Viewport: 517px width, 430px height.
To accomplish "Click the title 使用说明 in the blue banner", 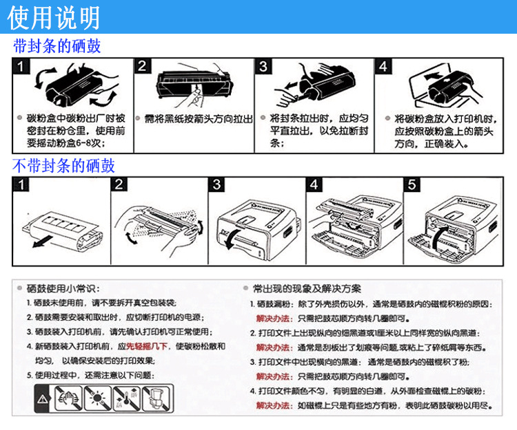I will (54, 17).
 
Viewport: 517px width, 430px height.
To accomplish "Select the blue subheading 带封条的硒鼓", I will (57, 47).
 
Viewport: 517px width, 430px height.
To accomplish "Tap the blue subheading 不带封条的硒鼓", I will (64, 166).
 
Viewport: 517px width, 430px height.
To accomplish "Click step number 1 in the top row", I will (23, 67).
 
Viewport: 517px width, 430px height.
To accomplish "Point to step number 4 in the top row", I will (383, 67).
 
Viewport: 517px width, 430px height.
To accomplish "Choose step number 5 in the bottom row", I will (412, 184).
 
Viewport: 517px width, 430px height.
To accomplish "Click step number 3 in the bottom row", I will (217, 184).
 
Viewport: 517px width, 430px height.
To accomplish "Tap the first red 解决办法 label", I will (272, 318).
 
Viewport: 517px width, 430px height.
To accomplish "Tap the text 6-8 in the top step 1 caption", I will (83, 143).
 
